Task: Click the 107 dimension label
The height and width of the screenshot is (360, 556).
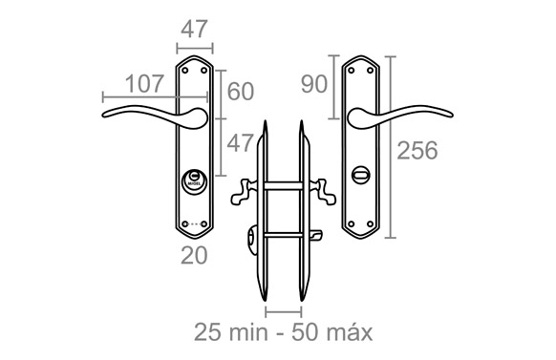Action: pyautogui.click(x=144, y=84)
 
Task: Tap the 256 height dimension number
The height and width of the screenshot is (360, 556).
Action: pyautogui.click(x=417, y=150)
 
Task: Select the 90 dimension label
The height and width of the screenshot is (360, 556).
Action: pyautogui.click(x=313, y=84)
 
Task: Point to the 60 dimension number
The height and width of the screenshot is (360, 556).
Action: pyautogui.click(x=241, y=92)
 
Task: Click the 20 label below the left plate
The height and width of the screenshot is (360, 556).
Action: pyautogui.click(x=194, y=255)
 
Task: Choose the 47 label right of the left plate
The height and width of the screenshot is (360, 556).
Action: pyautogui.click(x=240, y=143)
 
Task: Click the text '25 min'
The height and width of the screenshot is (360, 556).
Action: pyautogui.click(x=231, y=332)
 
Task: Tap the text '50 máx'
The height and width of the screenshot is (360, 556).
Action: pyautogui.click(x=331, y=332)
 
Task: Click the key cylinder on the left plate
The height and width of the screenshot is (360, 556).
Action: pyautogui.click(x=194, y=181)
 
